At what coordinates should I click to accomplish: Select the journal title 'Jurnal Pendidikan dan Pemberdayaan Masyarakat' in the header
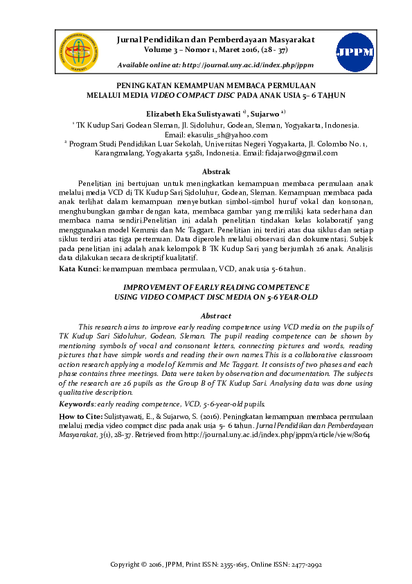(217, 40)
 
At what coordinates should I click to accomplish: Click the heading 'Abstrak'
(215, 171)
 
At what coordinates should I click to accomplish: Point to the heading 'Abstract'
(215, 315)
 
